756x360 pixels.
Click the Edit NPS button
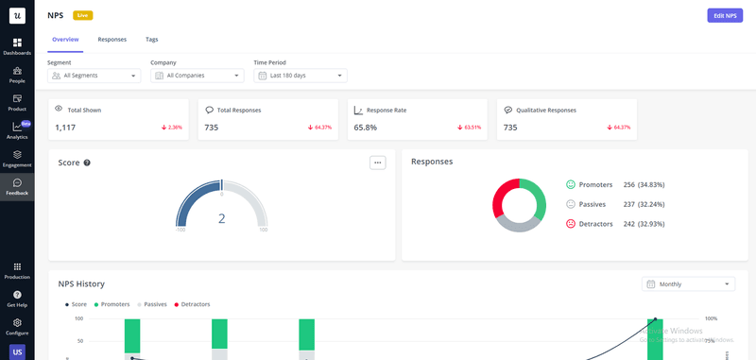pyautogui.click(x=724, y=15)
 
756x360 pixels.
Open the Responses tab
pyautogui.click(x=112, y=40)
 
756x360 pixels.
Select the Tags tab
pyautogui.click(x=151, y=40)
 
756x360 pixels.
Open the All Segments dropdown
pyautogui.click(x=93, y=76)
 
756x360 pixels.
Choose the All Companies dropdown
pyautogui.click(x=197, y=76)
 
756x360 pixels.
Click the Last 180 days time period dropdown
pyautogui.click(x=301, y=76)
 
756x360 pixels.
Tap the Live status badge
pyautogui.click(x=83, y=15)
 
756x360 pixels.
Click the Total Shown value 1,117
pyautogui.click(x=65, y=127)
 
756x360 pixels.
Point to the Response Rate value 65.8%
pyautogui.click(x=366, y=127)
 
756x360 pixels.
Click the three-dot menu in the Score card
pyautogui.click(x=378, y=163)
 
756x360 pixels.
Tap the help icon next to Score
pyautogui.click(x=87, y=163)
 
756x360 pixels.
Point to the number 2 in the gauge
pyautogui.click(x=222, y=218)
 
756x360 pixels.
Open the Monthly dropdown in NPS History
pyautogui.click(x=688, y=283)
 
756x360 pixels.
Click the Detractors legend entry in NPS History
pyautogui.click(x=192, y=304)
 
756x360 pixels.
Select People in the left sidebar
pyautogui.click(x=17, y=74)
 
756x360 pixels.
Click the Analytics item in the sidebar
pyautogui.click(x=17, y=130)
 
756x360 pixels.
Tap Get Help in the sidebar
pyautogui.click(x=17, y=299)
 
